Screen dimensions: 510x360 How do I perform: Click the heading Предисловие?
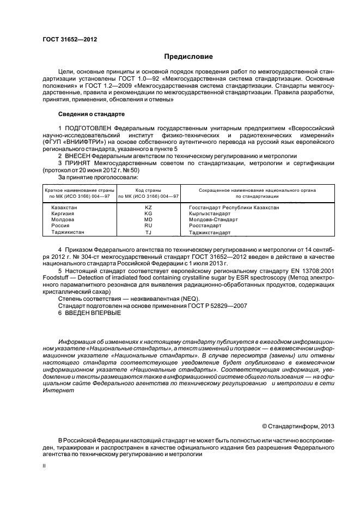[x=188, y=57]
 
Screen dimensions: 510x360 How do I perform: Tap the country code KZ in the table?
[x=148, y=208]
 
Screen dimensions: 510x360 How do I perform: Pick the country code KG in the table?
[x=148, y=214]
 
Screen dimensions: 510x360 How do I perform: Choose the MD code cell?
[x=148, y=220]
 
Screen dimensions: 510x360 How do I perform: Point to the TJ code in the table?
[x=148, y=232]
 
